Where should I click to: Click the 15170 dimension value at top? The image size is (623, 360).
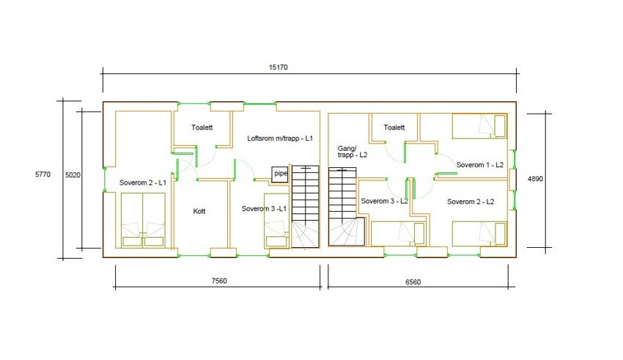tap(278, 67)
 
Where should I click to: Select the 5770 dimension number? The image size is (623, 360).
tap(43, 174)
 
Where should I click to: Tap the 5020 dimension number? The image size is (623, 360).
tap(73, 175)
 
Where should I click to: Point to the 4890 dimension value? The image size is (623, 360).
tap(535, 179)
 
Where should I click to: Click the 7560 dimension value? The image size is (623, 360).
tap(219, 281)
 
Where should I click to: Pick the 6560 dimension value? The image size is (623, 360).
tap(413, 282)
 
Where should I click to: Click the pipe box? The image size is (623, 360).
tap(280, 174)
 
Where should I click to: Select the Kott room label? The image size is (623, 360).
tap(199, 211)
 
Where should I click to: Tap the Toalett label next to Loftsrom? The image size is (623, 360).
tap(202, 128)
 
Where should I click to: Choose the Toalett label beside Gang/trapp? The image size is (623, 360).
tap(394, 128)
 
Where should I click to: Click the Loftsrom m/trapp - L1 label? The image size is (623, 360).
tap(280, 139)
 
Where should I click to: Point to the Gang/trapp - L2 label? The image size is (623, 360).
tap(353, 152)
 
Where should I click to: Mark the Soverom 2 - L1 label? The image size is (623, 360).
tap(143, 183)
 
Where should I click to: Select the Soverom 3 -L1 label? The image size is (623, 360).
tap(264, 209)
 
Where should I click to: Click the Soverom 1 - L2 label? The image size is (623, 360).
tap(480, 165)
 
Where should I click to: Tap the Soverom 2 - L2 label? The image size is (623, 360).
tap(471, 202)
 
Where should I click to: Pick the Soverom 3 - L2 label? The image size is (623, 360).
tap(384, 201)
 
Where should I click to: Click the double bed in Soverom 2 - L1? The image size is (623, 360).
tap(143, 220)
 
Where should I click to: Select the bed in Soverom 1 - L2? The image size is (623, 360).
tap(479, 126)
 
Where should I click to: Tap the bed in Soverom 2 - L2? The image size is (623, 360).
tap(479, 234)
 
